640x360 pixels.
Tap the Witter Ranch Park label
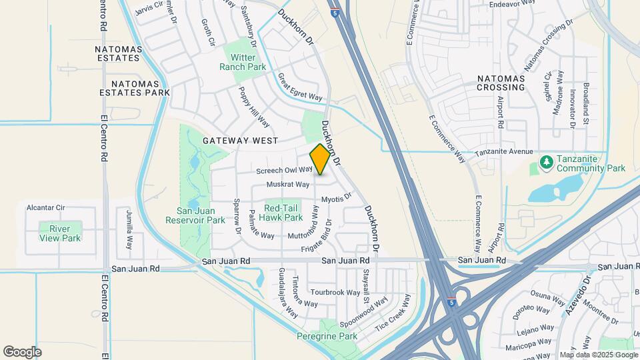pyautogui.click(x=243, y=62)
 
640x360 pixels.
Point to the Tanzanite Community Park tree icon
pyautogui.click(x=546, y=162)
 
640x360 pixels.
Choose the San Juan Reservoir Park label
pyautogui.click(x=196, y=215)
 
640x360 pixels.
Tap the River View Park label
pyautogui.click(x=60, y=233)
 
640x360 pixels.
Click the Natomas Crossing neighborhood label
pyautogui.click(x=501, y=83)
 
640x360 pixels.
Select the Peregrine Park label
pyautogui.click(x=327, y=337)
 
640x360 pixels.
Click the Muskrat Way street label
pyautogui.click(x=288, y=184)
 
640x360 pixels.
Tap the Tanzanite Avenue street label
pyautogui.click(x=504, y=152)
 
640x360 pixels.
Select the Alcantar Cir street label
pyautogui.click(x=45, y=207)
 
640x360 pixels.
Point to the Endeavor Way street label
pyautogui.click(x=513, y=3)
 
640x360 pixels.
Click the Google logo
pyautogui.click(x=23, y=351)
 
